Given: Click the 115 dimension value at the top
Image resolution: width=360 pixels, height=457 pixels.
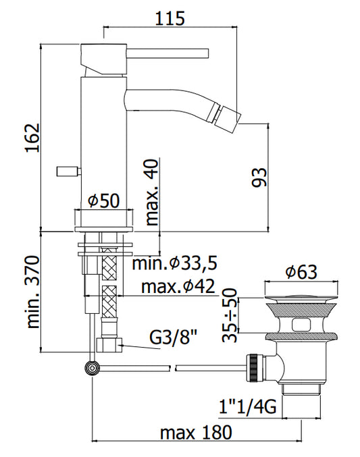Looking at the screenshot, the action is (x=170, y=18).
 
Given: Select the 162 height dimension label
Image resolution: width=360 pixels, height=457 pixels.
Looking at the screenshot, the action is (x=32, y=138).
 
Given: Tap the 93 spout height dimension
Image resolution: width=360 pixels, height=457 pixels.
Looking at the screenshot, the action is (x=259, y=177).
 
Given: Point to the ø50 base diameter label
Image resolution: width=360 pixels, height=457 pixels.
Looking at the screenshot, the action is (x=104, y=200).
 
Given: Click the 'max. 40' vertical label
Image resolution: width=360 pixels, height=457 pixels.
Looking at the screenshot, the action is (x=152, y=192).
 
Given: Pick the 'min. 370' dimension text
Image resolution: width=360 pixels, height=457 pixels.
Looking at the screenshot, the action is (x=32, y=292).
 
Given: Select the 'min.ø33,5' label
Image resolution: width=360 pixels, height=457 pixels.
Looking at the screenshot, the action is (x=175, y=263).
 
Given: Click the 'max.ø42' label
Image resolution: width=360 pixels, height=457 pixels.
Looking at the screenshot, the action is (x=178, y=286).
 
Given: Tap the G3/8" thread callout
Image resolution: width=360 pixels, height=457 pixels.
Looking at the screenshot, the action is (x=174, y=338).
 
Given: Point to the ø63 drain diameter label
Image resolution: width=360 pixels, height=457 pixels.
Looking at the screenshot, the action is (x=301, y=271).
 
